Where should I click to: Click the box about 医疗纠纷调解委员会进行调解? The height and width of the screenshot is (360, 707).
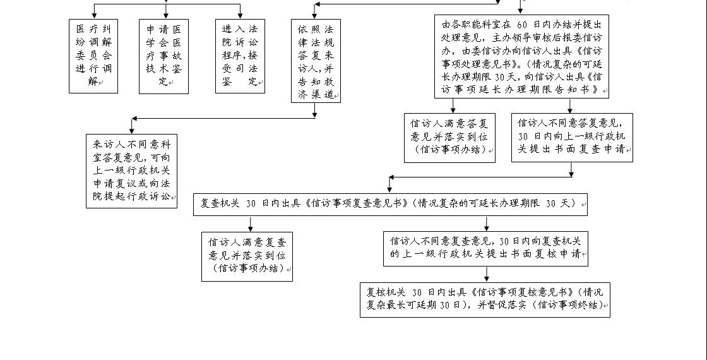(x=93, y=56)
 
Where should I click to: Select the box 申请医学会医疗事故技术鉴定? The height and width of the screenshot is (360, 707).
(x=163, y=56)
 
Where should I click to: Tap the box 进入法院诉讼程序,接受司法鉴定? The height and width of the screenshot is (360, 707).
(x=240, y=56)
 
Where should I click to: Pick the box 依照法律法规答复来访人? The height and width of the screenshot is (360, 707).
(x=316, y=61)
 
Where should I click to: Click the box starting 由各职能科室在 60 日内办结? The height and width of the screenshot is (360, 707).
(x=521, y=57)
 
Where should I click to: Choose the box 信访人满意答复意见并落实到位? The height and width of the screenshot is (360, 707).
(x=449, y=138)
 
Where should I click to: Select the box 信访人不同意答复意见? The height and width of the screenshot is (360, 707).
(x=572, y=138)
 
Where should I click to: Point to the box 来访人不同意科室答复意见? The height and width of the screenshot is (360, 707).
(x=132, y=171)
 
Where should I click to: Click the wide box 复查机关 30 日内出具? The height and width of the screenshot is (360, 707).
(x=390, y=204)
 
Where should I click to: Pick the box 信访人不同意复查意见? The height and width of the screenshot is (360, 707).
(x=485, y=248)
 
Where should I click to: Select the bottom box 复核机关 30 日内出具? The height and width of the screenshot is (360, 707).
(x=485, y=299)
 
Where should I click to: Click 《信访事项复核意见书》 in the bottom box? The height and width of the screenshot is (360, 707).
(x=521, y=292)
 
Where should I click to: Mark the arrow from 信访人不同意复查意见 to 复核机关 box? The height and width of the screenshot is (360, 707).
(x=486, y=274)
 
